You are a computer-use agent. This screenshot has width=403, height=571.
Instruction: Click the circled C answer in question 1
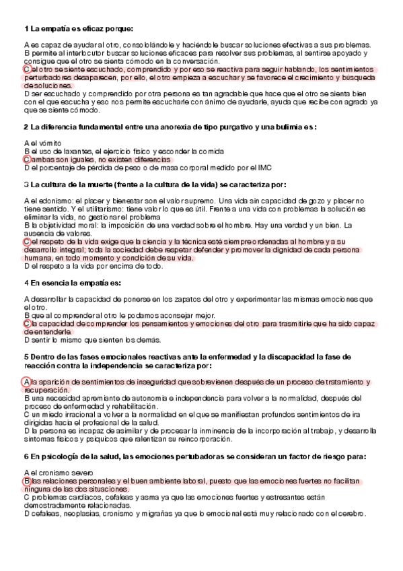click(x=26, y=69)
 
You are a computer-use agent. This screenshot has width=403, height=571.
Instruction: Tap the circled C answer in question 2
click(x=26, y=160)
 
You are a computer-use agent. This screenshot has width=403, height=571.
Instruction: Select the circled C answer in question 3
click(x=26, y=241)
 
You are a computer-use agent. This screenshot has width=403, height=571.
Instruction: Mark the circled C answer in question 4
click(x=26, y=323)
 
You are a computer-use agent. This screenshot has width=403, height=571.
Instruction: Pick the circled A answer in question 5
click(x=26, y=382)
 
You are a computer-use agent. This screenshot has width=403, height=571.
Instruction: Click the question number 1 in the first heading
click(x=26, y=28)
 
